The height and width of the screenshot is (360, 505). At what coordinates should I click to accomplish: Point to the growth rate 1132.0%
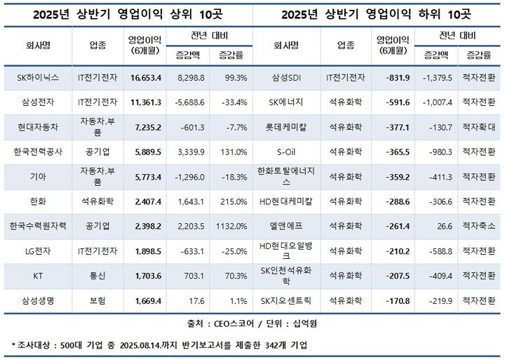(x=232, y=226)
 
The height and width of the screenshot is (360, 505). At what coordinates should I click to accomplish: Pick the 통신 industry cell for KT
(x=96, y=276)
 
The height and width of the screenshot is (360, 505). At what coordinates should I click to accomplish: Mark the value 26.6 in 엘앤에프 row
(x=442, y=226)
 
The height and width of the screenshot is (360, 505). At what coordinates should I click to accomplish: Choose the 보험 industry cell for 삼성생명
(x=96, y=300)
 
